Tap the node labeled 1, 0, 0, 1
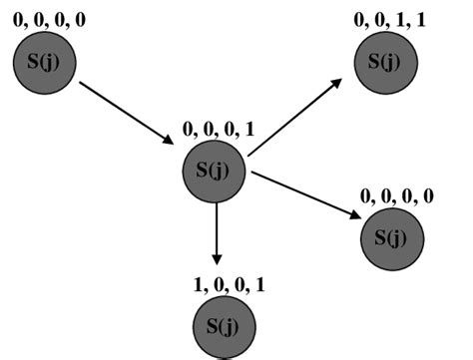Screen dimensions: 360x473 point(224,325)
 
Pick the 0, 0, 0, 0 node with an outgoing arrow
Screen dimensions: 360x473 point(44,63)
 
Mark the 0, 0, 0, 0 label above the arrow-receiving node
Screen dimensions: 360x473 point(397,196)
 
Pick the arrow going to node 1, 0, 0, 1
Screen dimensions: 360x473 point(216,234)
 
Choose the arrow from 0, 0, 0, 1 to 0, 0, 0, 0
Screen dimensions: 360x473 point(304,194)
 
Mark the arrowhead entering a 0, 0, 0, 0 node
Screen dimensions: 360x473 point(354,213)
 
